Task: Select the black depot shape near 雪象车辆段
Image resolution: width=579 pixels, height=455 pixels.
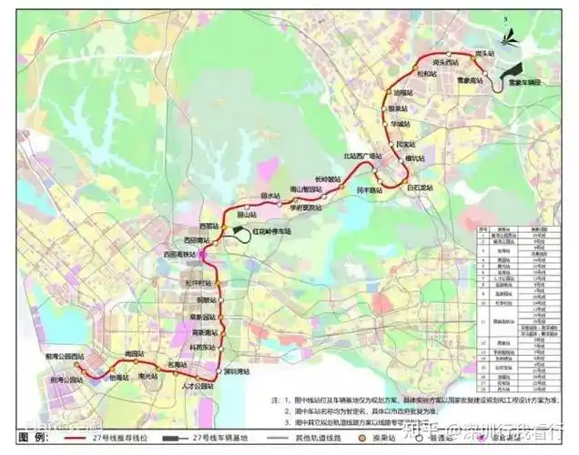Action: [513, 69]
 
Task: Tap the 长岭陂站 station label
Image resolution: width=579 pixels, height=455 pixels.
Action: [327, 178]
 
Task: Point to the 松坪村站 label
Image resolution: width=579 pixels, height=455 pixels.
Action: [197, 283]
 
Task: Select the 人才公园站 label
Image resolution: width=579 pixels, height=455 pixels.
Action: [197, 386]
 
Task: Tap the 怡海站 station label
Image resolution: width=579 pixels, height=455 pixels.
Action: [118, 378]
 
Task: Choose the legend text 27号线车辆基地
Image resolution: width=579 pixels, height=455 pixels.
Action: [214, 439]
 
